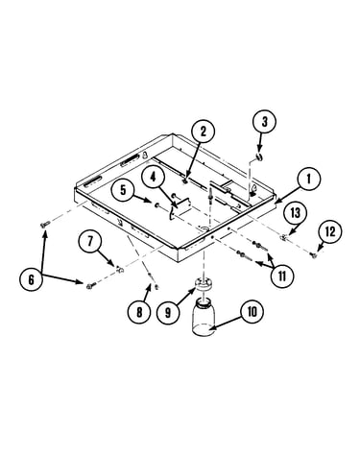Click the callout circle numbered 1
tap(308, 180)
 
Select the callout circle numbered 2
tap(204, 132)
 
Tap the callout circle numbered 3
tap(264, 122)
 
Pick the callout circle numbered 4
tap(153, 177)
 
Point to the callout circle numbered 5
tap(123, 190)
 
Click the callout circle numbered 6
tap(31, 279)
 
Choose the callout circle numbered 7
tap(90, 241)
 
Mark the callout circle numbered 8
tap(139, 312)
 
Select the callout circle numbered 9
tap(168, 312)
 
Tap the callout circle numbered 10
tap(252, 311)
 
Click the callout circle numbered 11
tap(281, 276)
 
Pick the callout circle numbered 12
tap(330, 231)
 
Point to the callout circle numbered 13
tap(296, 212)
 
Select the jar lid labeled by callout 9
tap(204, 285)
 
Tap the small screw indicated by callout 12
tap(314, 254)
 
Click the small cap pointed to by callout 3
tap(259, 157)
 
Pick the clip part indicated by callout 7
tap(120, 270)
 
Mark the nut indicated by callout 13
tap(282, 237)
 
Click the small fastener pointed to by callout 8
tap(156, 286)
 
